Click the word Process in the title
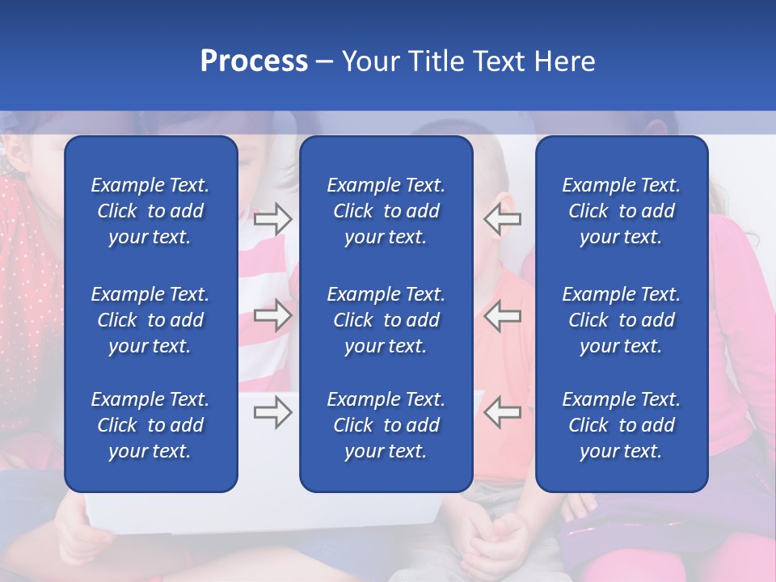click(x=254, y=61)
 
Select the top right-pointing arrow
click(x=272, y=218)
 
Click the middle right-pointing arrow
click(x=272, y=315)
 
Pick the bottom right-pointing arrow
click(x=272, y=412)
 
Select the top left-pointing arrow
click(x=502, y=218)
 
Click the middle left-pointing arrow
click(x=502, y=315)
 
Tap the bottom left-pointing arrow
click(x=502, y=412)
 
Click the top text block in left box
click(x=150, y=211)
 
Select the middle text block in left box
click(x=150, y=320)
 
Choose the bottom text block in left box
click(x=150, y=425)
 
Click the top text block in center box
click(x=386, y=211)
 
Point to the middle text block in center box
click(x=386, y=320)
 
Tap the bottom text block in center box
click(x=386, y=425)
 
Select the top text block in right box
click(x=621, y=211)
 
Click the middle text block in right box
click(x=621, y=320)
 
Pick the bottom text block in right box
click(x=621, y=425)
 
